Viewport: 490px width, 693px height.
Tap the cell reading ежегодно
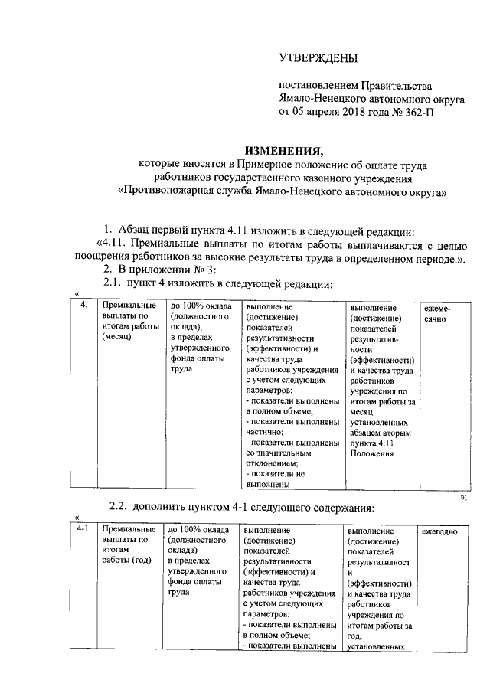tap(440, 530)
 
